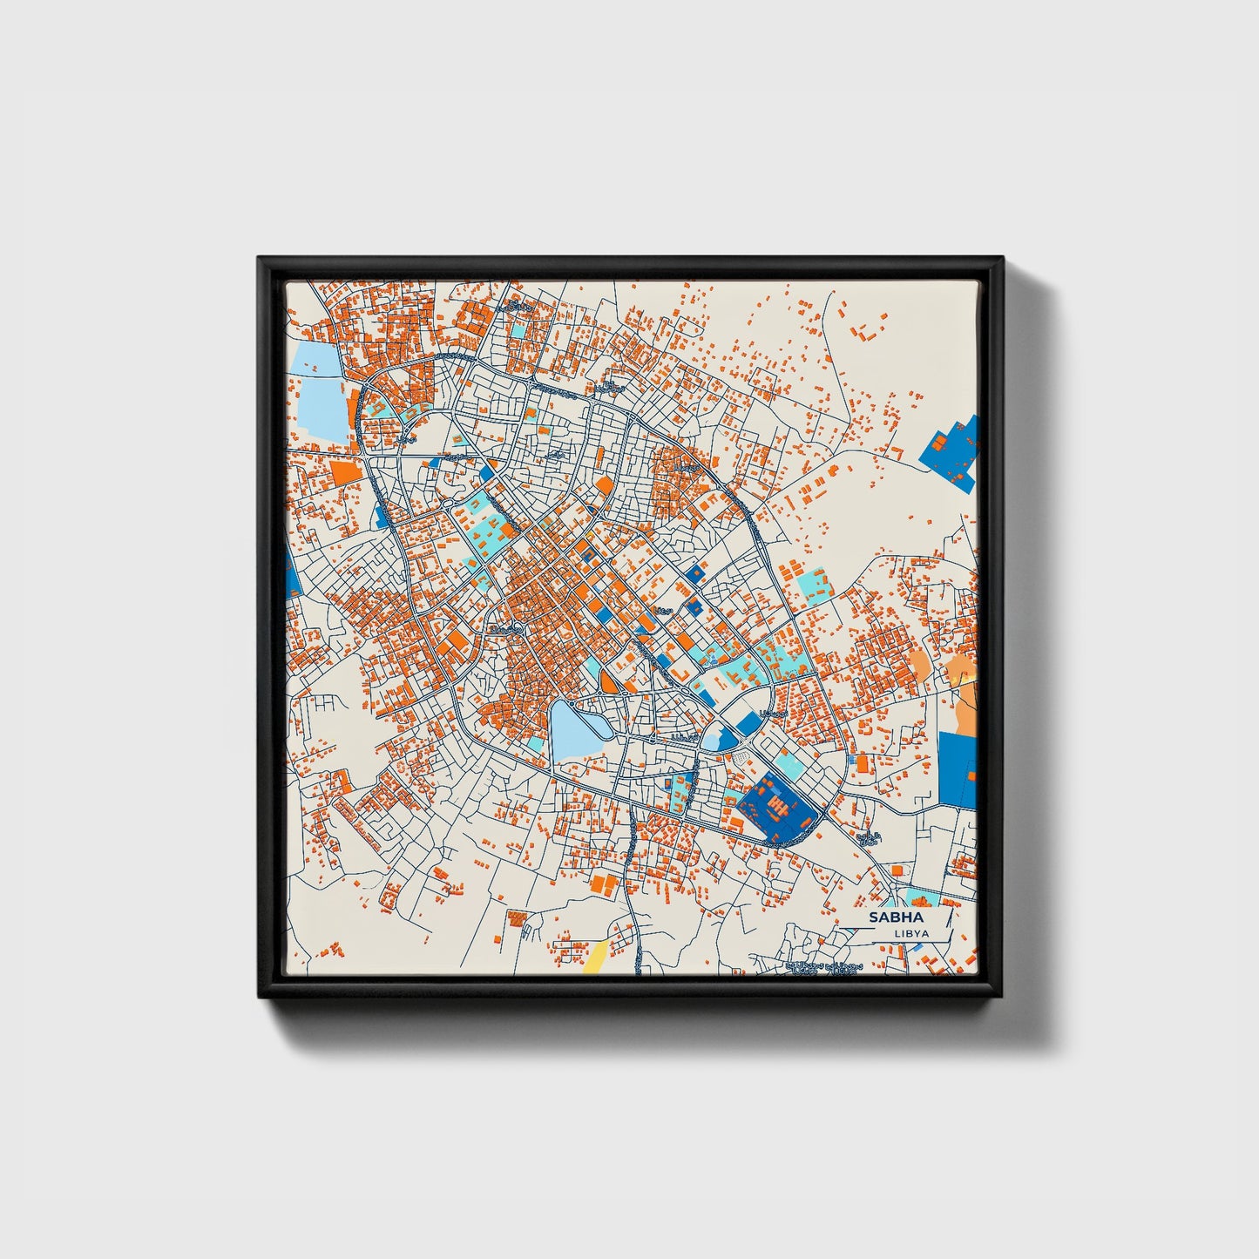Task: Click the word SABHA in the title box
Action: point(897,917)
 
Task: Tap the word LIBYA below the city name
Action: point(911,933)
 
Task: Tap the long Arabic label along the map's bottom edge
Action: point(823,967)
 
